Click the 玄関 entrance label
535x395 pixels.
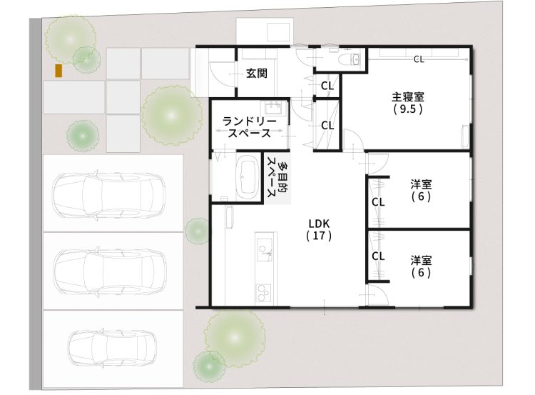257,73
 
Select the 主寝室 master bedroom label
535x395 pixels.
407,97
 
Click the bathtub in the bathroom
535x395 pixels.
247,176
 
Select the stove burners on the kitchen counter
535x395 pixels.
264,292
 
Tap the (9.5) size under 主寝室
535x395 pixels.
407,110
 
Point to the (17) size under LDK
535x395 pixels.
319,234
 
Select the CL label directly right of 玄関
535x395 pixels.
327,86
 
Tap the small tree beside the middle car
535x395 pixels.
196,231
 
